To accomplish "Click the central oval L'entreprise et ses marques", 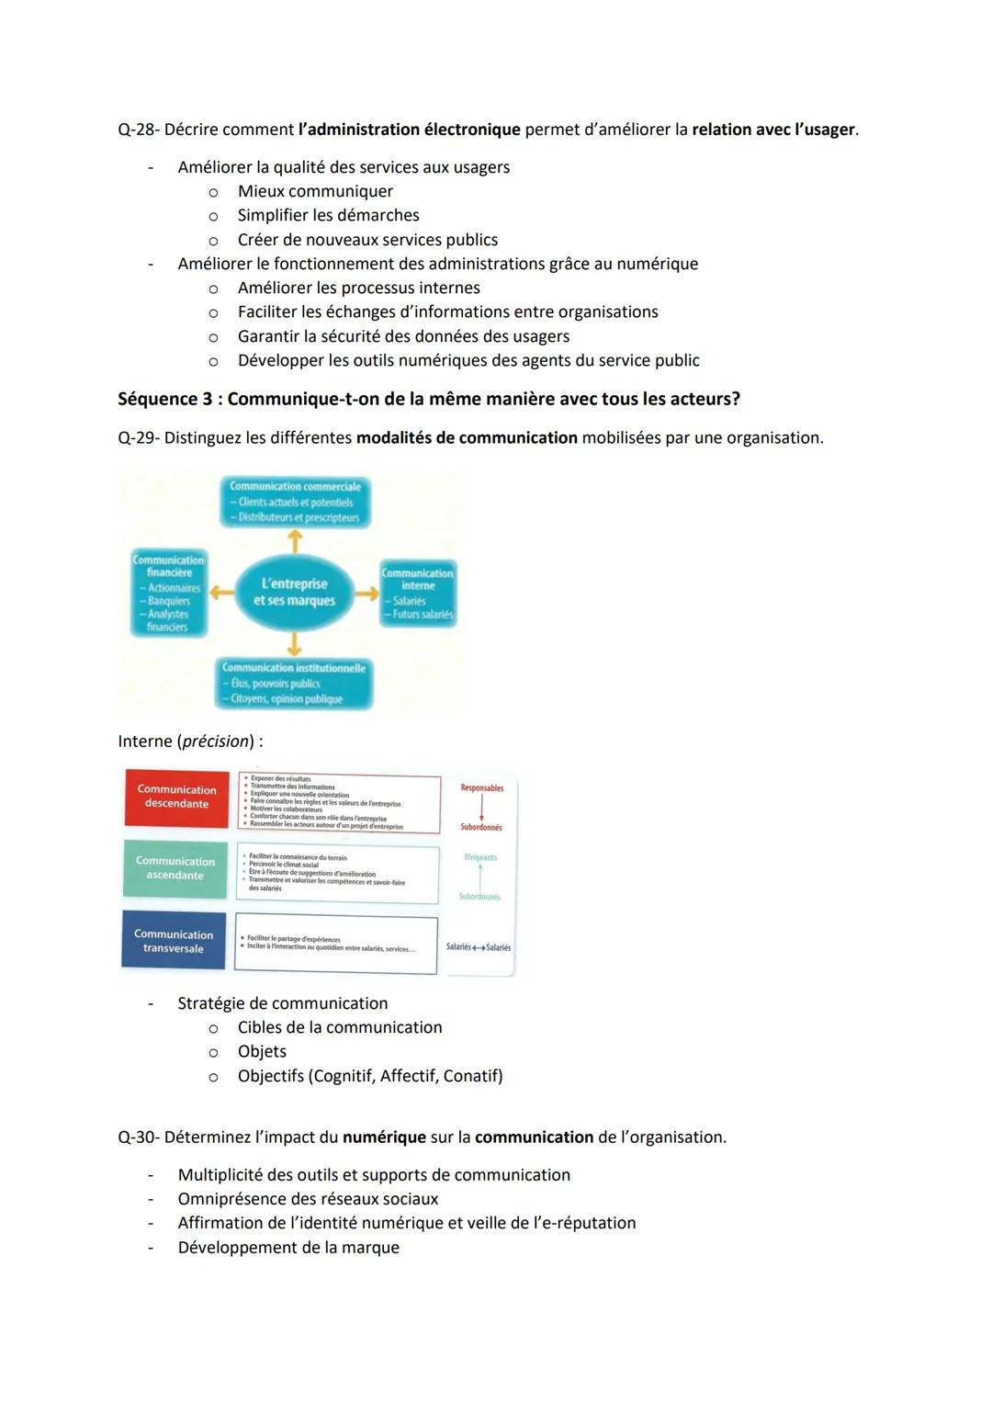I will coord(294,593).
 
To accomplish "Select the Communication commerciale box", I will coord(295,502).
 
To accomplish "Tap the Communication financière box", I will coord(169,594).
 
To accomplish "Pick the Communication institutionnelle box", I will coord(294,684).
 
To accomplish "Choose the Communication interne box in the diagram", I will coord(418,594).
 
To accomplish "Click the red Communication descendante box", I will coord(176,797).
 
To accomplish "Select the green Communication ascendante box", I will coord(175,868).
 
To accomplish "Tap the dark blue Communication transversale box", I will coord(174,941).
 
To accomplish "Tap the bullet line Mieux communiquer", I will coord(315,191).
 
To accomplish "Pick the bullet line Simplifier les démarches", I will coord(328,215).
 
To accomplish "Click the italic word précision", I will coord(215,741).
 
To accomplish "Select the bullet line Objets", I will coord(262,1051).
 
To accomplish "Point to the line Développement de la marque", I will coord(288,1248).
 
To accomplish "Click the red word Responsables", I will coord(482,788).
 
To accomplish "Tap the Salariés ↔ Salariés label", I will coord(479,947).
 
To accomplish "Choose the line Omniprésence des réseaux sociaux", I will coord(308,1199).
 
